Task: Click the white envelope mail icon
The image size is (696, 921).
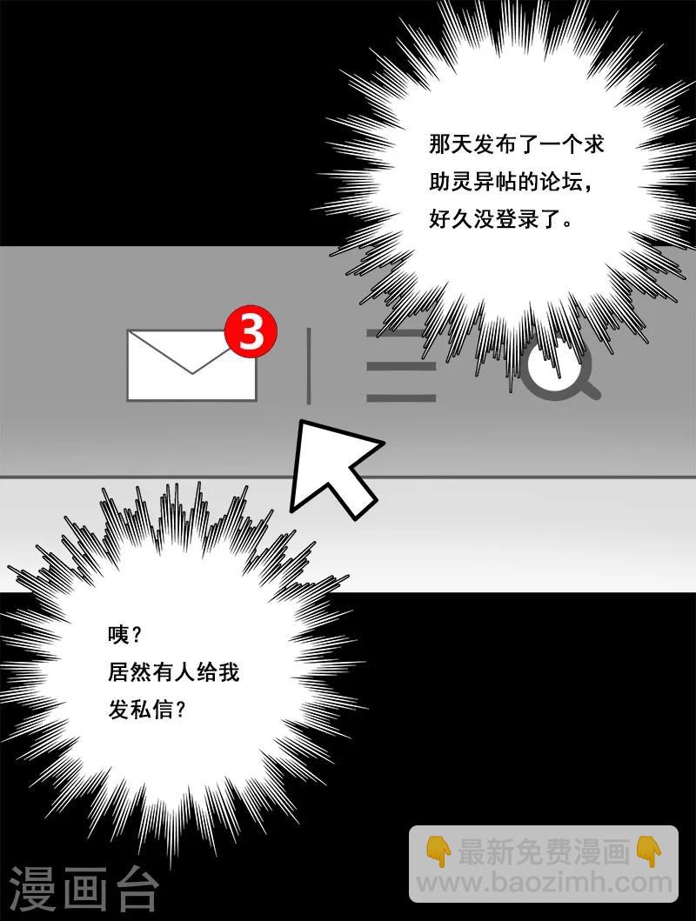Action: (x=191, y=365)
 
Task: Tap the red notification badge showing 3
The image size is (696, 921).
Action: (x=251, y=332)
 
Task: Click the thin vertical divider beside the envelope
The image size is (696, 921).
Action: (x=308, y=365)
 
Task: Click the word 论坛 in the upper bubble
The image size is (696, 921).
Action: (x=564, y=180)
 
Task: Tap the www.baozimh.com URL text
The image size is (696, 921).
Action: (x=545, y=883)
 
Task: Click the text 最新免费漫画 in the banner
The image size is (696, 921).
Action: (x=543, y=852)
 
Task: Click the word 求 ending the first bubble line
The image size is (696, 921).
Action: (x=593, y=143)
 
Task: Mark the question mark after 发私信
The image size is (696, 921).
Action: (x=181, y=711)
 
